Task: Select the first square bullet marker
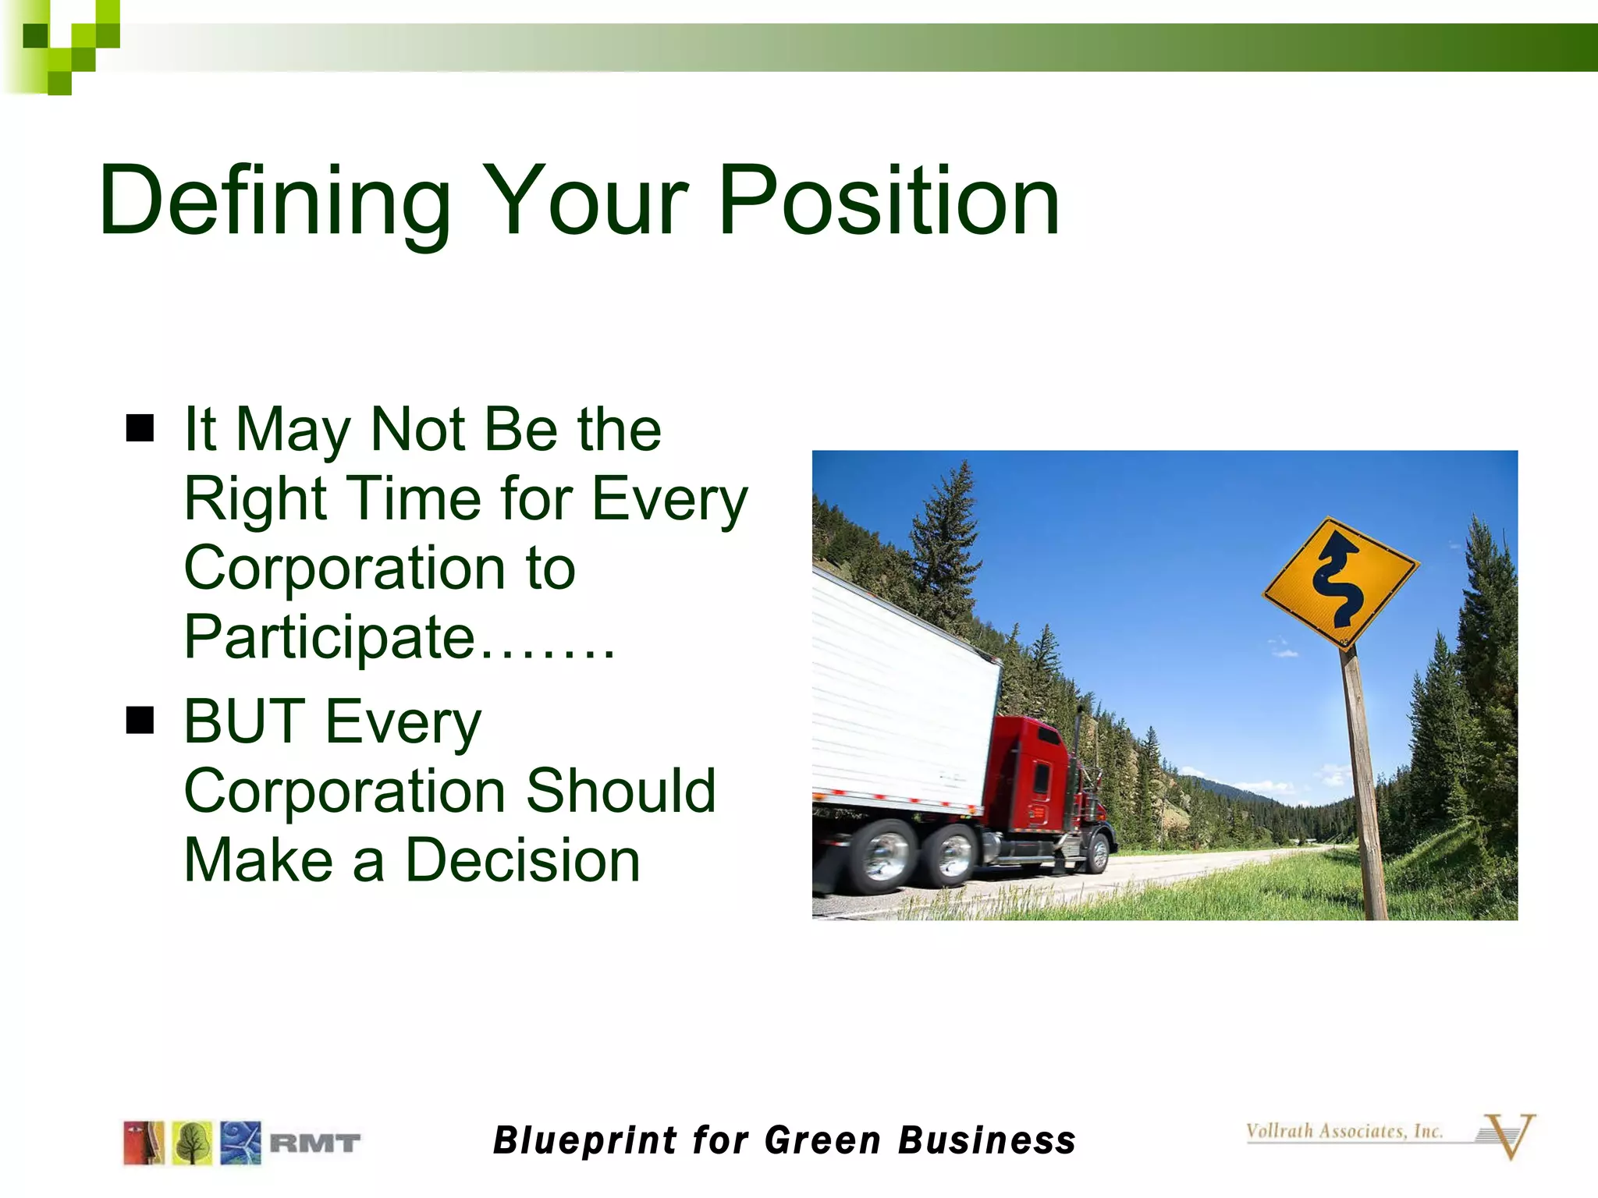(x=140, y=427)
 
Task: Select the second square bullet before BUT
(x=140, y=720)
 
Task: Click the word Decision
(x=523, y=860)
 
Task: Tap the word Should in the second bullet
(x=620, y=791)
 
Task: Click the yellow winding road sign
(x=1339, y=582)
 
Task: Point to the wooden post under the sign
(x=1364, y=780)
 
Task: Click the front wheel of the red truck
(x=1098, y=852)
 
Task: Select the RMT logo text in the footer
(x=314, y=1143)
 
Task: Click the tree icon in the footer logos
(x=192, y=1143)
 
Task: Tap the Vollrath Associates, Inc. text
(x=1344, y=1131)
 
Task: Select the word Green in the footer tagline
(x=822, y=1140)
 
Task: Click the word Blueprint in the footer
(x=585, y=1140)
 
